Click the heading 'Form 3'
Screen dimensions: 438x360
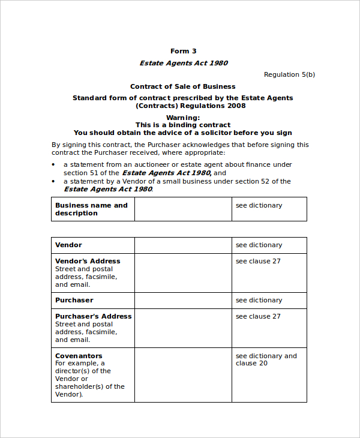[183, 51]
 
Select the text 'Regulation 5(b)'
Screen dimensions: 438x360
[289, 74]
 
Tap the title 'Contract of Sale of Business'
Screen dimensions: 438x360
[183, 86]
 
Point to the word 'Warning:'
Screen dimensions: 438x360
[183, 118]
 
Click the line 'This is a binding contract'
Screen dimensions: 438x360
[183, 125]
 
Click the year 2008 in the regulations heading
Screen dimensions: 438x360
[236, 106]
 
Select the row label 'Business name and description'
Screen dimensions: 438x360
[91, 209]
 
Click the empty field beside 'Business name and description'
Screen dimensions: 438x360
[183, 209]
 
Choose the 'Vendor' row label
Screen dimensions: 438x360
[68, 245]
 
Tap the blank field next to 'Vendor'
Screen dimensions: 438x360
[183, 245]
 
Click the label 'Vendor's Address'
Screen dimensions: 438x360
[88, 261]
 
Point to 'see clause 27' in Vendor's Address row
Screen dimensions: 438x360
[258, 261]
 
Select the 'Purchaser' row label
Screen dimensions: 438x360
[74, 300]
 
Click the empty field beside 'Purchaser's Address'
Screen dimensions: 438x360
[183, 328]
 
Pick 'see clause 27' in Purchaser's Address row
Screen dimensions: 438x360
[258, 316]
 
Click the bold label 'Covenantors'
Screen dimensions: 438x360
[79, 356]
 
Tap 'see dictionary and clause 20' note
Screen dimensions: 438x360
[266, 359]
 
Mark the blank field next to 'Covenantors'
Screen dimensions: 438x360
[183, 375]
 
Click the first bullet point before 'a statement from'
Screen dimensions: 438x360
[53, 164]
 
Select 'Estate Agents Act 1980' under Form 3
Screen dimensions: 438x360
[184, 63]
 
